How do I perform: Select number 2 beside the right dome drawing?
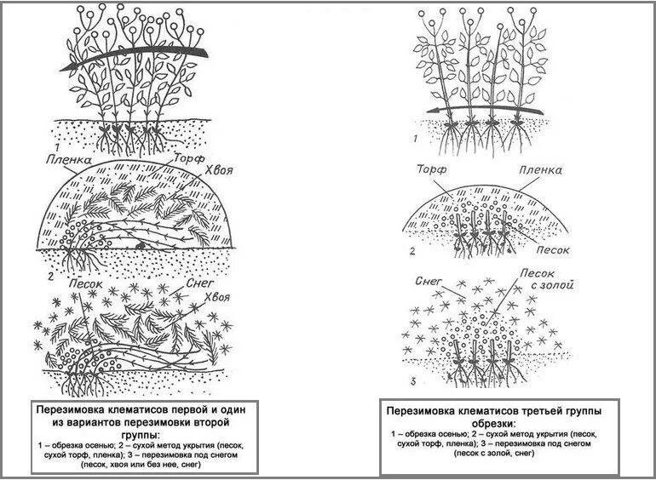point(412,251)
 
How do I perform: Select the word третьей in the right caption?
point(536,411)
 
